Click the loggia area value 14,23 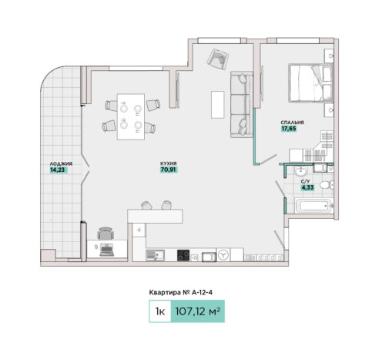(58, 170)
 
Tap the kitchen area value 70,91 (168, 170)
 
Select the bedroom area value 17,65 (289, 129)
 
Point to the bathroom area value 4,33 (307, 187)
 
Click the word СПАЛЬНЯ (292, 123)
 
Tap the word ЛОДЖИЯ (61, 163)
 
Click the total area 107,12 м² (197, 311)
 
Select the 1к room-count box (160, 311)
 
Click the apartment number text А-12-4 (202, 292)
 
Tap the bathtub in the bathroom (313, 206)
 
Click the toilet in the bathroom (327, 185)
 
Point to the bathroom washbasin (300, 171)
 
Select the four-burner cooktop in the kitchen (183, 255)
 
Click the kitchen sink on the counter (155, 255)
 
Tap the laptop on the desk (107, 250)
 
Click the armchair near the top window (218, 59)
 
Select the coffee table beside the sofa (218, 105)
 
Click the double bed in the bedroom (310, 83)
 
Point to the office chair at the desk (106, 234)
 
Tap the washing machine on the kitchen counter (223, 255)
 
